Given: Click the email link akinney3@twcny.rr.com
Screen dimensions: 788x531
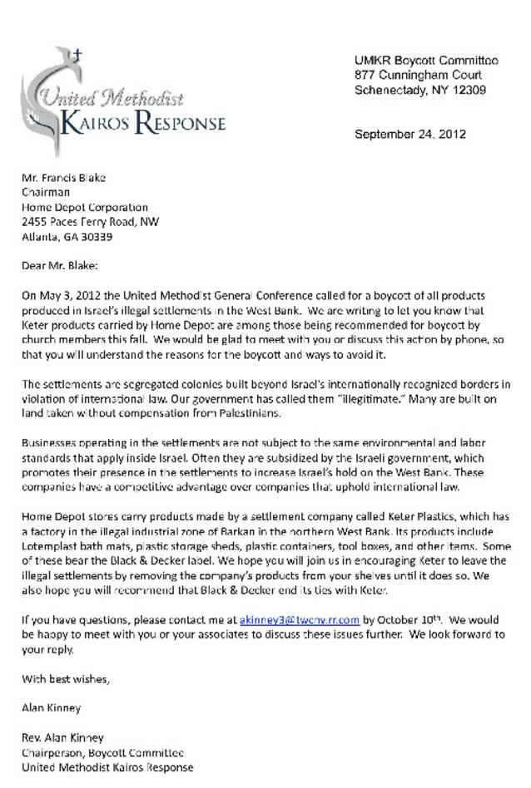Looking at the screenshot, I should coord(299,619).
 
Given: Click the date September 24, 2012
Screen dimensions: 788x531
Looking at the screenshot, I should coord(409,134).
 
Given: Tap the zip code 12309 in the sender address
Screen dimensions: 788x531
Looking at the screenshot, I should coord(469,91).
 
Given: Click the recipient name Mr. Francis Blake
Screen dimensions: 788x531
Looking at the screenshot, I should coord(63,177).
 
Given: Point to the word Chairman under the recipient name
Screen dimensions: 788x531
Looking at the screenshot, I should coord(46,192).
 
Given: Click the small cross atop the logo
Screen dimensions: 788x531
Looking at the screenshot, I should coord(77,57).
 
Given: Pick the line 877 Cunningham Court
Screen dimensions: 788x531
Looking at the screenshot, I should coord(418,76).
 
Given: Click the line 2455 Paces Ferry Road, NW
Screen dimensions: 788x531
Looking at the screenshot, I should coord(90,222).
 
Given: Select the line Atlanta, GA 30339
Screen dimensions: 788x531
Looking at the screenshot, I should coord(67,237).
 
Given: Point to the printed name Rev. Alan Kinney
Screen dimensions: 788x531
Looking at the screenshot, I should coord(63,737).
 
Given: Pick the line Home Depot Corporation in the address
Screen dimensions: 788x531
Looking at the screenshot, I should coord(85,207).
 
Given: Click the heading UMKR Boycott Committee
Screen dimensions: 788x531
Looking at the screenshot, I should coord(426,61).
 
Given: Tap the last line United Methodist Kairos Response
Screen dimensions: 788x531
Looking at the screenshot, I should coord(107,767).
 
